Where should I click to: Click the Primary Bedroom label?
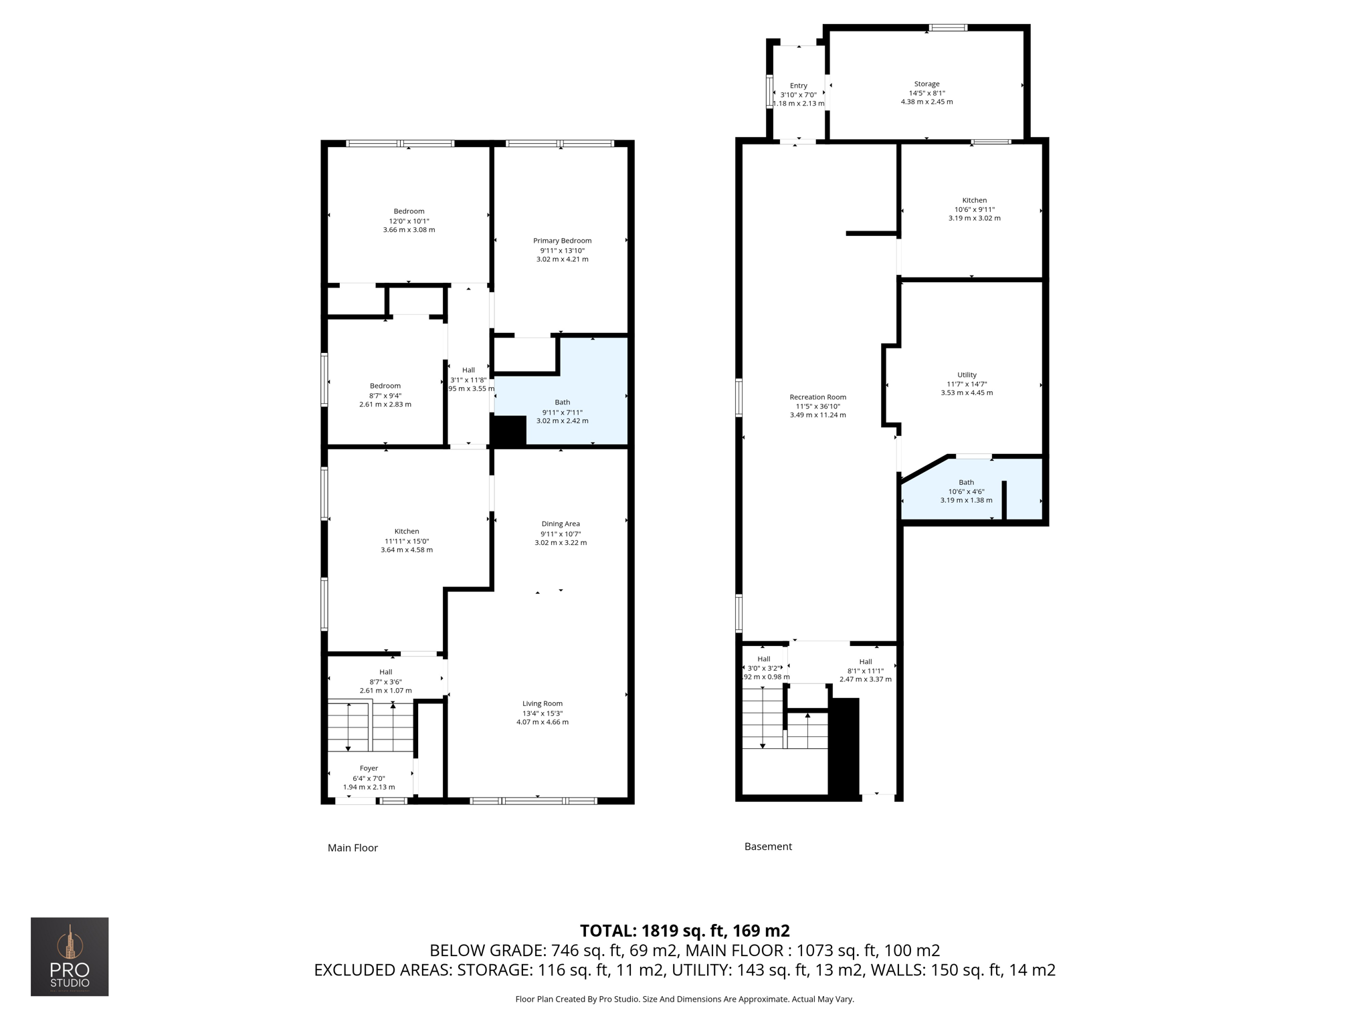(562, 241)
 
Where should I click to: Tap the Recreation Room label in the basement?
(817, 397)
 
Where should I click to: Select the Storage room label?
(926, 84)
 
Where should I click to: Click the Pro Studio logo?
(70, 956)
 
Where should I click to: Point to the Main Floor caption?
(353, 848)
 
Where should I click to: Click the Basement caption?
(768, 846)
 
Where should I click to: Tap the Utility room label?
(967, 375)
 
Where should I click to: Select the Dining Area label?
(561, 524)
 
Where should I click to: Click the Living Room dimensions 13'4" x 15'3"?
(543, 713)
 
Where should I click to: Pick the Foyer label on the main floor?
(369, 768)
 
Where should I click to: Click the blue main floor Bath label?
(562, 403)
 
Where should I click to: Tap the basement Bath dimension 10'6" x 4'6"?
(966, 491)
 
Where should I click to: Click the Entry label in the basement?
(798, 86)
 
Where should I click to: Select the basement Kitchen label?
(974, 201)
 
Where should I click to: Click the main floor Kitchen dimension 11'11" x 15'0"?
(406, 541)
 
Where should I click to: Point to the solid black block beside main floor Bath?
(508, 431)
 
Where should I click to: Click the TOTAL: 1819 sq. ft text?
(684, 931)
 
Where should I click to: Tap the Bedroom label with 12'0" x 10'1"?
(409, 211)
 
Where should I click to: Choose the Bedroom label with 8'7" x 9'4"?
(385, 386)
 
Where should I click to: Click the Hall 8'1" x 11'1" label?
(866, 662)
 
